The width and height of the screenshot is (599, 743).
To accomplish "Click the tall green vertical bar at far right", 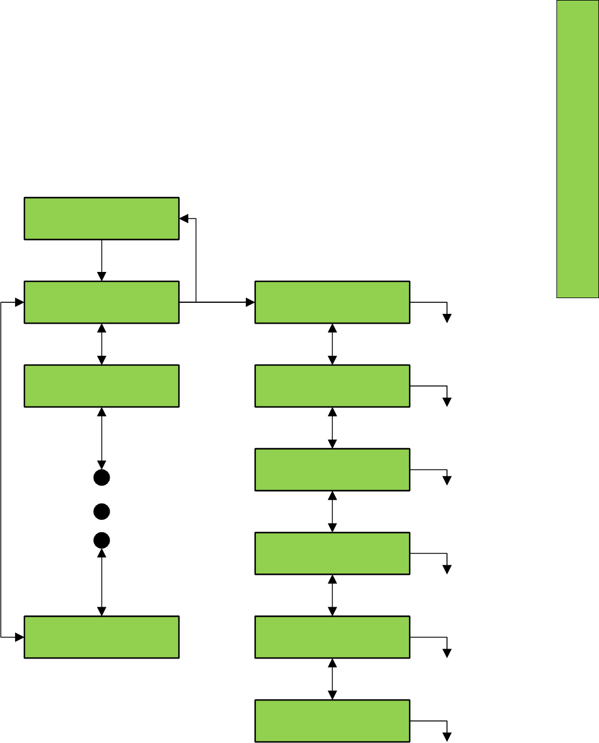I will (x=577, y=149).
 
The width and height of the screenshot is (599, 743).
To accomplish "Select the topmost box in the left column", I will (x=101, y=218).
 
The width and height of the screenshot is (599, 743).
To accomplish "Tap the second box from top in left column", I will (x=101, y=302).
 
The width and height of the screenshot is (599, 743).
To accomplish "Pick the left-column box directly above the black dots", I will (x=101, y=385).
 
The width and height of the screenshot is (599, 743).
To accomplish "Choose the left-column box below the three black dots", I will (x=101, y=637).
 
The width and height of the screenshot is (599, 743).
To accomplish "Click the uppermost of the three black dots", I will (x=102, y=478).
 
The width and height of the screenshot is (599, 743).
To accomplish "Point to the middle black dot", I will (x=102, y=512).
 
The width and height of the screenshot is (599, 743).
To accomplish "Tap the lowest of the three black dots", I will (x=102, y=540).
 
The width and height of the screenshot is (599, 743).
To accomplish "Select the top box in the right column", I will (x=332, y=302).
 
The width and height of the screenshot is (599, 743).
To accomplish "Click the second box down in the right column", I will (x=332, y=385).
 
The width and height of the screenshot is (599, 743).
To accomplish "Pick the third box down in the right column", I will (x=332, y=469).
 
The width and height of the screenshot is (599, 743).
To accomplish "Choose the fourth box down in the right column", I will (x=332, y=553).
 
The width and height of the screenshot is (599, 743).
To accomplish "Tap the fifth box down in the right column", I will (x=332, y=637).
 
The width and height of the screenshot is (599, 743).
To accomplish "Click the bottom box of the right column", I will (x=332, y=721).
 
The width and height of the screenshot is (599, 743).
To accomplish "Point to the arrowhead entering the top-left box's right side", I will (x=184, y=218).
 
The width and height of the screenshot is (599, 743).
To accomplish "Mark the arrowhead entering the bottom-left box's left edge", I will (x=20, y=637).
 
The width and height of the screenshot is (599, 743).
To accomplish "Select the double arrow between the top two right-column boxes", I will (x=332, y=344).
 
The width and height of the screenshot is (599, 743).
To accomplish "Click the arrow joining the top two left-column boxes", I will (x=102, y=260).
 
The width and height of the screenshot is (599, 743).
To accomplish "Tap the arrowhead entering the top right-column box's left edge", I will (x=251, y=302).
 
